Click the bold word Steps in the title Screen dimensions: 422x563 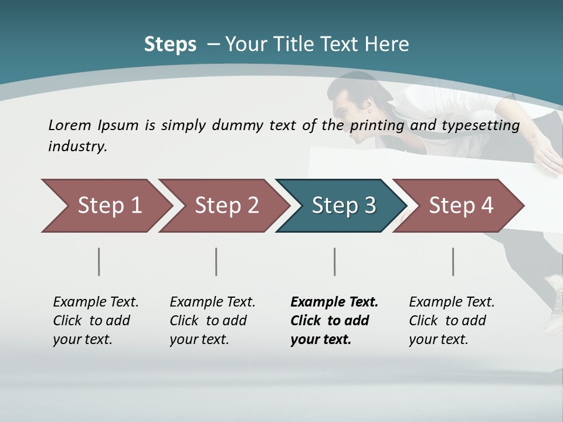[x=170, y=45]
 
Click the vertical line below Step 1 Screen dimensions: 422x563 [x=99, y=261]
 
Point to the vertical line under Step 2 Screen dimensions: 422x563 [x=216, y=261]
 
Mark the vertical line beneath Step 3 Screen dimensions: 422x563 [x=335, y=261]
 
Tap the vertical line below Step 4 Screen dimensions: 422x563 [x=453, y=261]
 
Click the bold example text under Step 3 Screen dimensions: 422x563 [x=333, y=321]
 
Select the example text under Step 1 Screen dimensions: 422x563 [x=95, y=321]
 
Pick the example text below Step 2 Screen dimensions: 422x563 [x=212, y=321]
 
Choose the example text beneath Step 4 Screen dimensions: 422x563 [x=451, y=321]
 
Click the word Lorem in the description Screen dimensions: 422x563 [x=70, y=125]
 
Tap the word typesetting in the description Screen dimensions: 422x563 [x=483, y=125]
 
